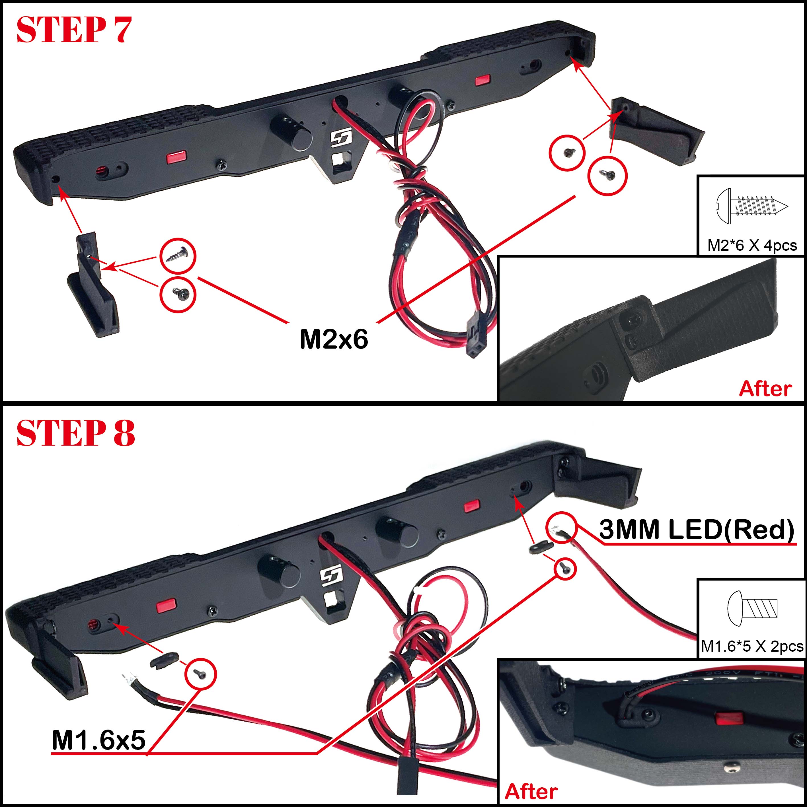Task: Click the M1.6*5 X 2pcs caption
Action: tap(752, 646)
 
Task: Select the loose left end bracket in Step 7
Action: tap(93, 286)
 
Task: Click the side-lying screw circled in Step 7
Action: tap(177, 255)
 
